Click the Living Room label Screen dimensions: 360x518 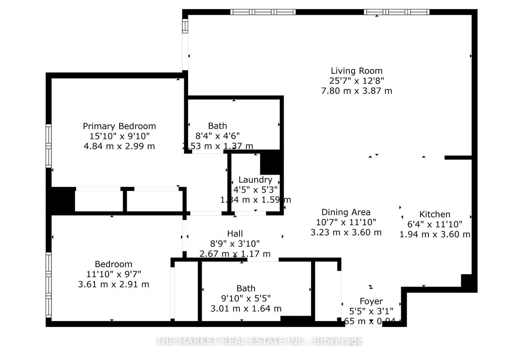click(356, 71)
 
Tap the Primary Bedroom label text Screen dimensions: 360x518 click(119, 126)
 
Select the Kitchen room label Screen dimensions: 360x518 click(435, 214)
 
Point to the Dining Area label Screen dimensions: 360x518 click(346, 212)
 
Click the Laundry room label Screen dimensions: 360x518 click(255, 180)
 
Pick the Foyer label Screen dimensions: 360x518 click(371, 301)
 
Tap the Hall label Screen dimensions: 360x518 click(235, 234)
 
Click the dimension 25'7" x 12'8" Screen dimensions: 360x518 click(356, 81)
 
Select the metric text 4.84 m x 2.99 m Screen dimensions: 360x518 click(119, 146)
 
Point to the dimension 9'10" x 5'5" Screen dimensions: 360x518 click(246, 298)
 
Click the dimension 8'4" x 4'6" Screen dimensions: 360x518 click(218, 136)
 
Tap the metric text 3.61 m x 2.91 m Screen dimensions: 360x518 click(114, 284)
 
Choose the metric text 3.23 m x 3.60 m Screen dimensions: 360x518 click(346, 232)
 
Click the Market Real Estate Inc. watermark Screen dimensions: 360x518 click(259, 341)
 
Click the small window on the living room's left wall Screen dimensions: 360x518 click(185, 26)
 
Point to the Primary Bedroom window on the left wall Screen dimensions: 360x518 click(49, 146)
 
